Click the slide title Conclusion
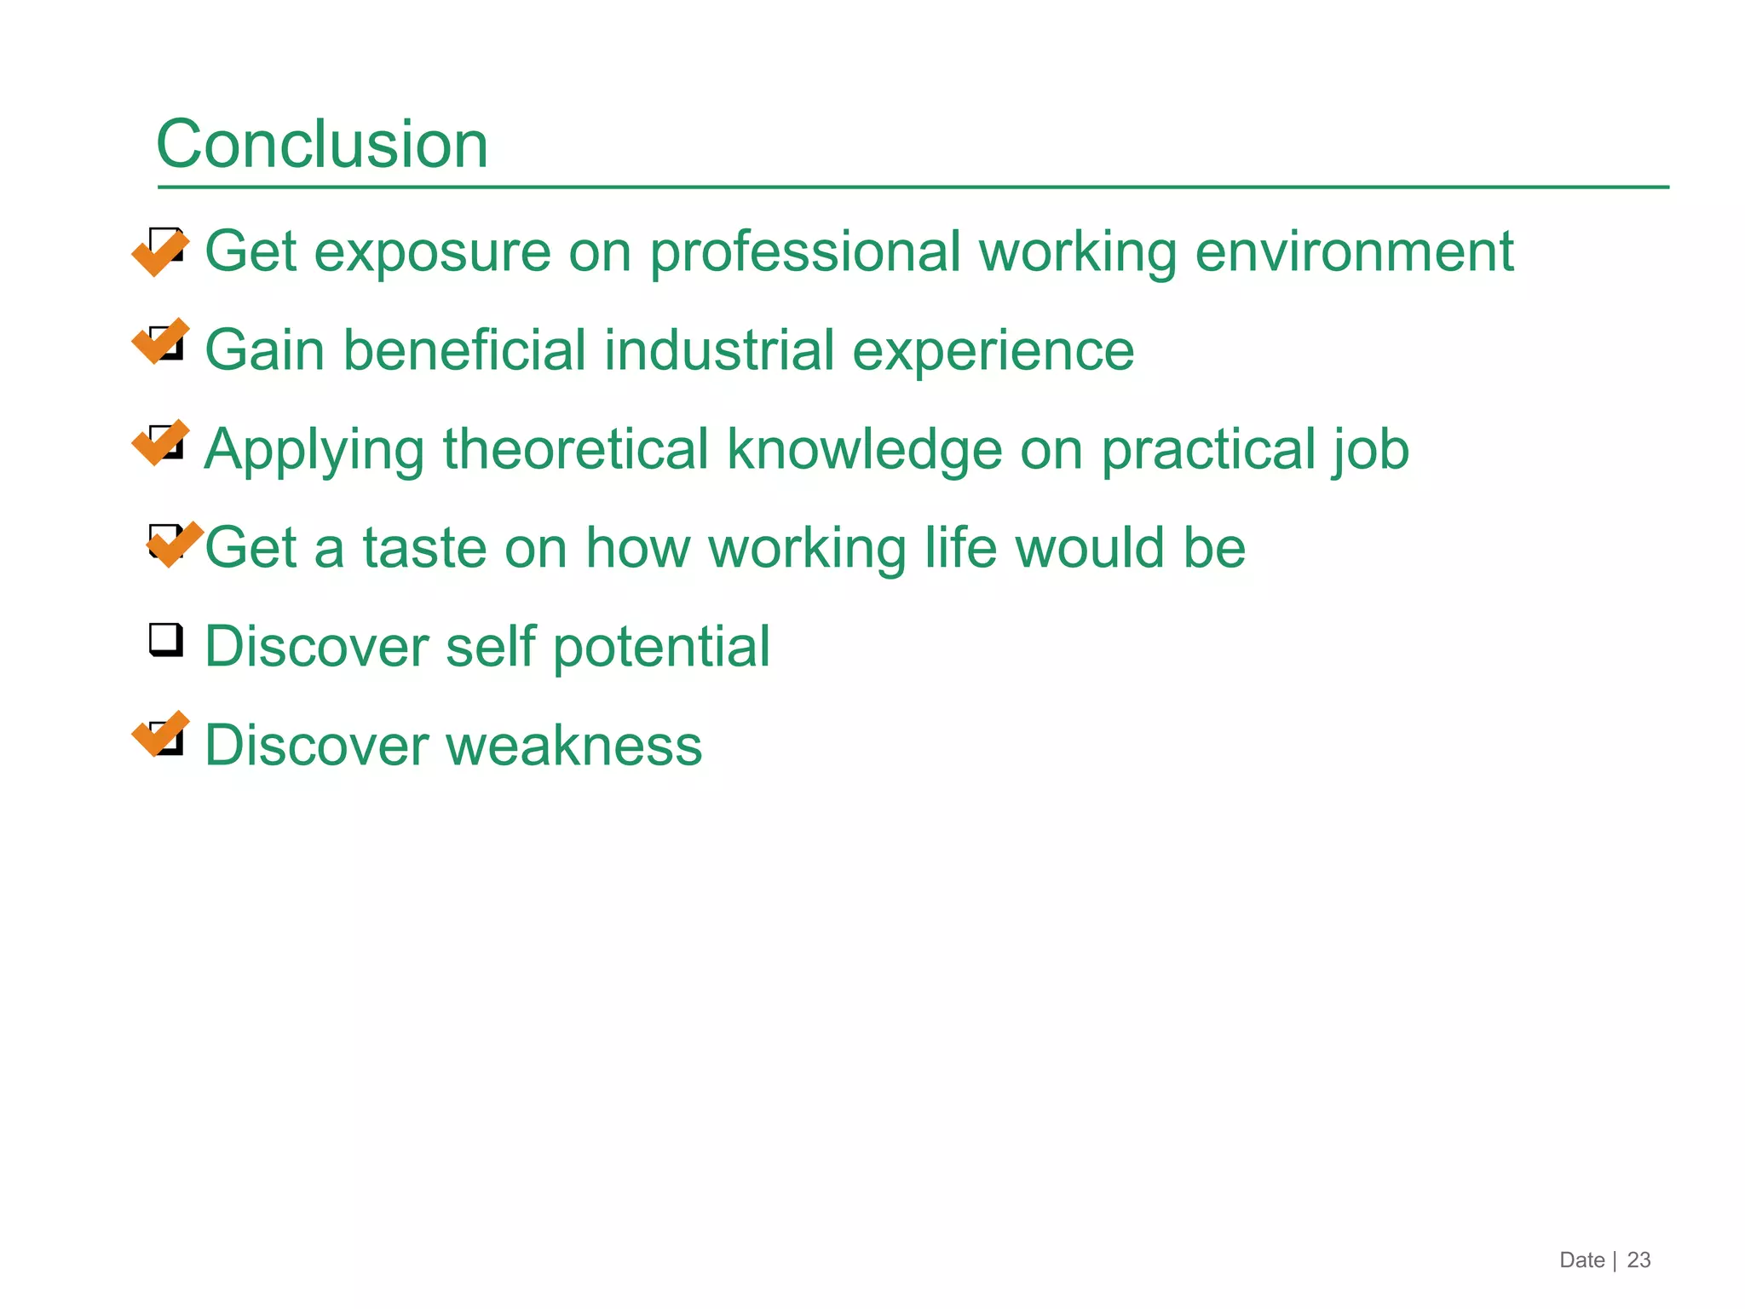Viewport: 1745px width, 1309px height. click(322, 144)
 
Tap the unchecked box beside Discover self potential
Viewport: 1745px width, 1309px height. click(166, 640)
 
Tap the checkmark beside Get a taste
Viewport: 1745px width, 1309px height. click(175, 544)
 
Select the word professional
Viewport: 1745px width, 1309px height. click(805, 253)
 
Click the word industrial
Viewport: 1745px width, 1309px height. click(719, 350)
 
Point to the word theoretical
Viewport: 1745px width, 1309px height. click(575, 449)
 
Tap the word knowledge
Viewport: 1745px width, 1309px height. click(864, 451)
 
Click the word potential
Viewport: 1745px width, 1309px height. click(661, 647)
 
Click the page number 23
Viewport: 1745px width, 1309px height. click(1638, 1260)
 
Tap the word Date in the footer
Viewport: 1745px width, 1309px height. click(1581, 1260)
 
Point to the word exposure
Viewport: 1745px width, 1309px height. click(433, 253)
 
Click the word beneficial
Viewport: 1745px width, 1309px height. click(464, 350)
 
